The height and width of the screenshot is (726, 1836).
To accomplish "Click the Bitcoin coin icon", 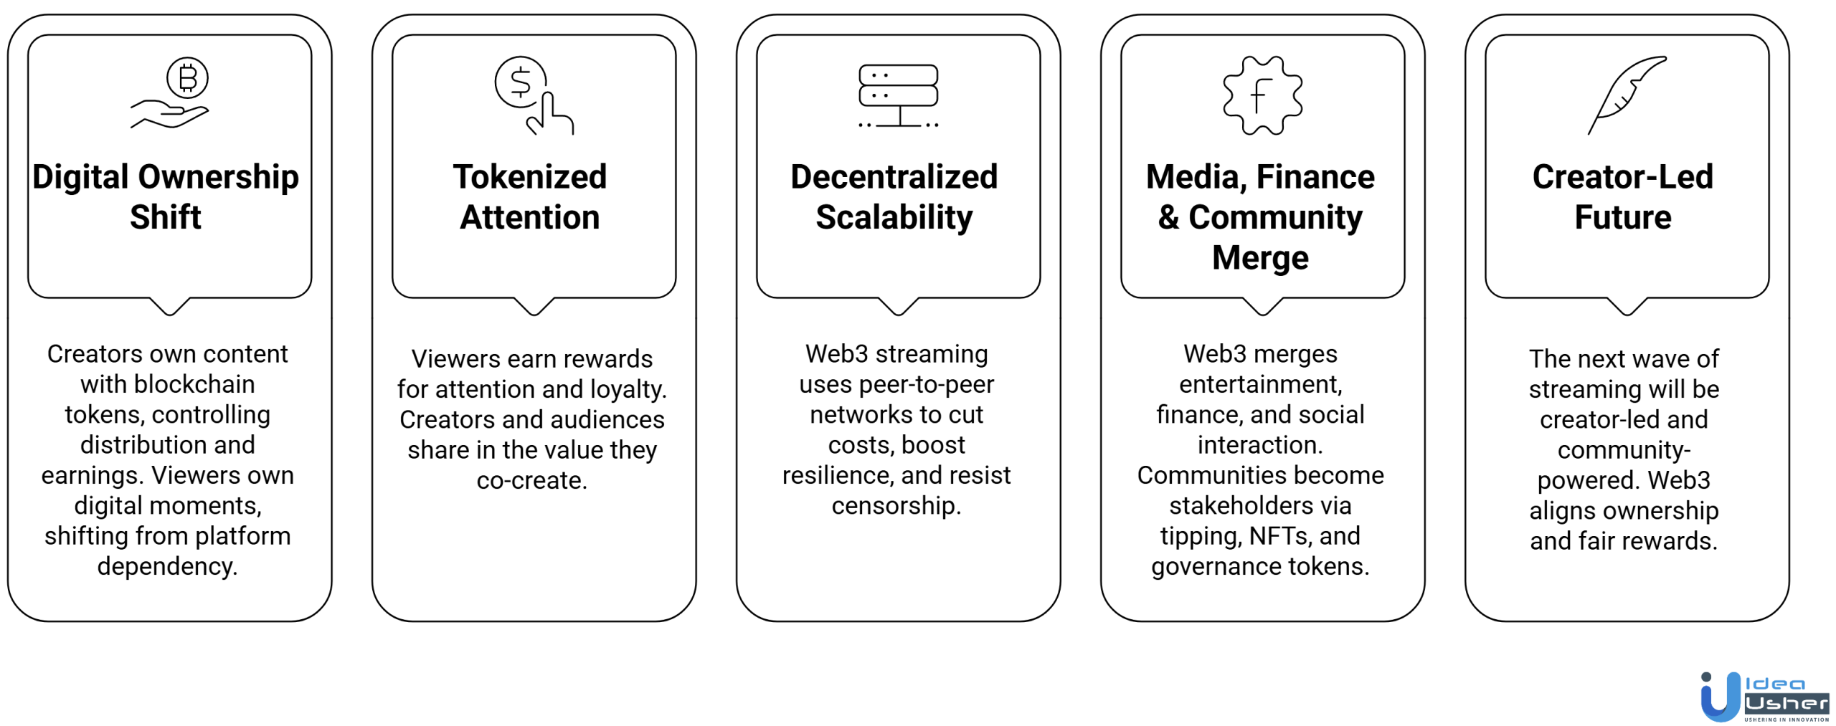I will click(x=187, y=77).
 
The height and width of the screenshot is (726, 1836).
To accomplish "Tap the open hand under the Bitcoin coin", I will click(x=169, y=115).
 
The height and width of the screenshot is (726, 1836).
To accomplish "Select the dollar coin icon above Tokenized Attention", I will click(x=520, y=82).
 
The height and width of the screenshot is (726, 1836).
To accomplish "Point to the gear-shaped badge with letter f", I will click(x=1262, y=95).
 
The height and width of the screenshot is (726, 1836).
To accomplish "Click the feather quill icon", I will click(x=1627, y=94).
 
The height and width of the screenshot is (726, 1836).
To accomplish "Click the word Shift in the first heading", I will click(x=166, y=217).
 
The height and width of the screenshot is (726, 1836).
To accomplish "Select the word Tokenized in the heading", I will click(x=530, y=177).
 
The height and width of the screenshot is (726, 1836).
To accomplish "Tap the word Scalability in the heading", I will click(x=894, y=217).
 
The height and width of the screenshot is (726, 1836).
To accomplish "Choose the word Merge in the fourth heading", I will click(x=1260, y=257).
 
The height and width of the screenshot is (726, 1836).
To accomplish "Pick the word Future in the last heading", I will click(x=1622, y=217).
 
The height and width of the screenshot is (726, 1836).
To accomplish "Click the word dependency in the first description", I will click(x=166, y=567).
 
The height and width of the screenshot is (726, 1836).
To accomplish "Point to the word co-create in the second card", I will click(x=531, y=481).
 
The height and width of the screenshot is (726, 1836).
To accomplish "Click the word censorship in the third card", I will click(x=896, y=506).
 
